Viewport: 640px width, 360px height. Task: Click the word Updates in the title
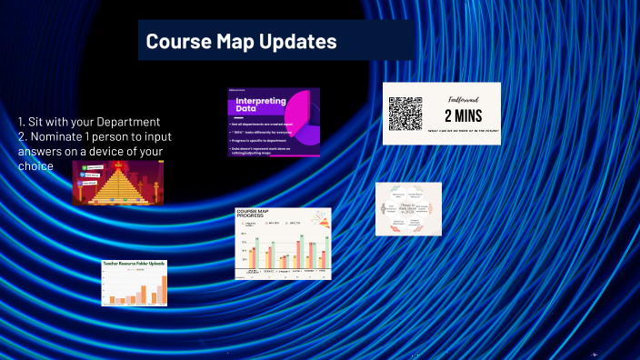coord(298,41)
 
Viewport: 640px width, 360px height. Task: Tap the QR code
coord(405,114)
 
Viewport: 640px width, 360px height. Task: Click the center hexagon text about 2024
coord(408,208)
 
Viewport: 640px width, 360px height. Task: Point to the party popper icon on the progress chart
coord(318,218)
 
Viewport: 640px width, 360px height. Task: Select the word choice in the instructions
coord(35,166)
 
